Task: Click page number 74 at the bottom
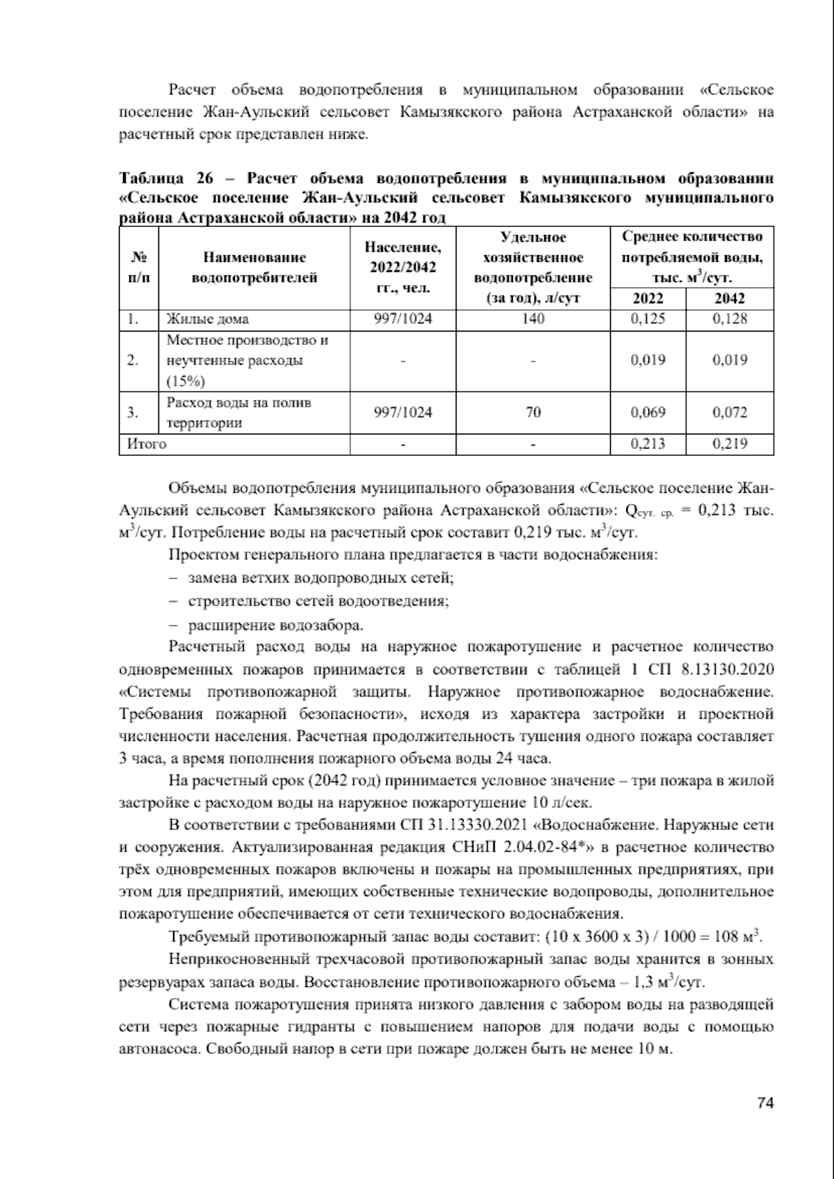coord(764,1103)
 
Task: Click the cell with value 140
coord(533,319)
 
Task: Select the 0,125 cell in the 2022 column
coord(647,319)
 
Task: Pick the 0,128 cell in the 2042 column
coord(729,319)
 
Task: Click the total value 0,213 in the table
coord(647,444)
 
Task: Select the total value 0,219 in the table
coord(729,444)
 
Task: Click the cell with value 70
coord(533,412)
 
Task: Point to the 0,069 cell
coord(647,412)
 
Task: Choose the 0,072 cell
coord(729,412)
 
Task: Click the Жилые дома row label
coord(207,319)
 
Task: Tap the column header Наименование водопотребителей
coord(254,268)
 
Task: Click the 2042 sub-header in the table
coord(729,298)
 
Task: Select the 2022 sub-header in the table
coord(647,298)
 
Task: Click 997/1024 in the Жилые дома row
coord(402,319)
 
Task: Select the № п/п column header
coord(139,268)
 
